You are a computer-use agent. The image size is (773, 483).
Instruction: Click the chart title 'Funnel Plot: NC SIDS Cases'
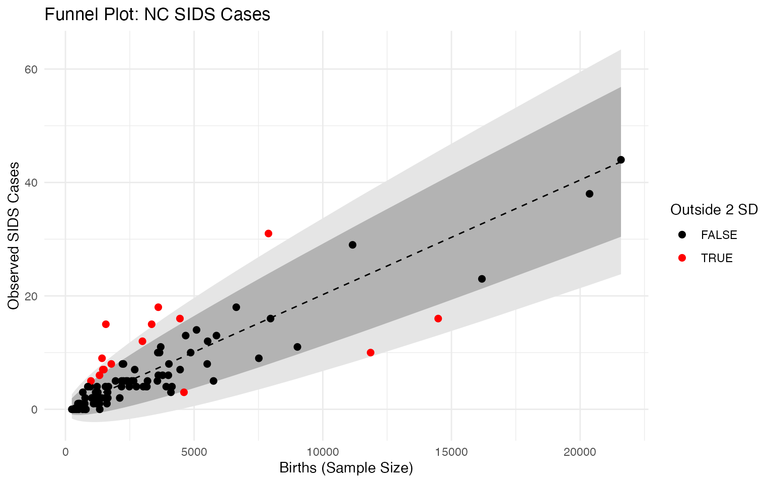[158, 15]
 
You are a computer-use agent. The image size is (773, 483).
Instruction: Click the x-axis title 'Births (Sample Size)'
[346, 468]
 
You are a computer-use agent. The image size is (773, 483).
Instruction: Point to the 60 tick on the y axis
[31, 69]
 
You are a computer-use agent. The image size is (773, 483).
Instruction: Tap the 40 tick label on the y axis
[31, 183]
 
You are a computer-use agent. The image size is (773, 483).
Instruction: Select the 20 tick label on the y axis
[31, 296]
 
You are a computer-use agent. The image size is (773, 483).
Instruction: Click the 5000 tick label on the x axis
[194, 452]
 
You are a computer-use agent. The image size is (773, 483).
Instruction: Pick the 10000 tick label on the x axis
[322, 452]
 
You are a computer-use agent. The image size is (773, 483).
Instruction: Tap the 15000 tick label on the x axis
[451, 452]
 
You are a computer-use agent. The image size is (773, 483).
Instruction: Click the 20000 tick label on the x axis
[579, 452]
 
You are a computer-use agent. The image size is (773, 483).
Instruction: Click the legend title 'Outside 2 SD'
[714, 210]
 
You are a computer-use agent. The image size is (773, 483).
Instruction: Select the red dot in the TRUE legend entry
[682, 258]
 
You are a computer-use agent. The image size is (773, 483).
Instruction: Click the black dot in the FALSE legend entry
[682, 235]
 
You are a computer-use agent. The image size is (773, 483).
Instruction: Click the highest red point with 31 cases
[268, 233]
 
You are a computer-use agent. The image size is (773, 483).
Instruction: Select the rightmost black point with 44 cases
[621, 160]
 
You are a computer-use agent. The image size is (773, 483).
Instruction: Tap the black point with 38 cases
[589, 194]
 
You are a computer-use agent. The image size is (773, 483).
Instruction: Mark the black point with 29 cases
[352, 245]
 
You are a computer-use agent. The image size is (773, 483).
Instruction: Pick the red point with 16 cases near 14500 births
[438, 318]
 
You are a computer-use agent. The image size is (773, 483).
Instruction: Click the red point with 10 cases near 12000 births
[370, 353]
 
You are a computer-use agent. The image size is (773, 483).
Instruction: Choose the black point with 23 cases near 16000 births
[482, 279]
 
